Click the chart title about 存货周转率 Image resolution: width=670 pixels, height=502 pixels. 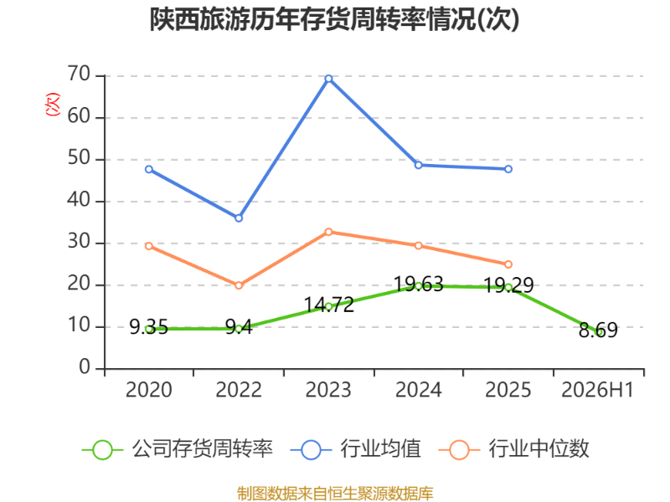[x=334, y=19]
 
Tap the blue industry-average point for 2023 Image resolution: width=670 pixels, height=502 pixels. [x=328, y=79]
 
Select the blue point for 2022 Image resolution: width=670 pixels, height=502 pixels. [x=239, y=218]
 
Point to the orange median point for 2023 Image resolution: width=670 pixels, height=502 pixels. [x=328, y=232]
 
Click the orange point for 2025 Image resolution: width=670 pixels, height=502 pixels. [x=508, y=264]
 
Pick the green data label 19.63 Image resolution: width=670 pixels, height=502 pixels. [x=418, y=284]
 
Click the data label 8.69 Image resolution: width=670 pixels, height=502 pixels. [x=598, y=330]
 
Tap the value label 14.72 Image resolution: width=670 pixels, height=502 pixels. [x=329, y=305]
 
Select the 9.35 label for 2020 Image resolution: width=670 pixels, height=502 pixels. [x=149, y=327]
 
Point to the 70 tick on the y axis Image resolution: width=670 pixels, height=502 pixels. [x=79, y=74]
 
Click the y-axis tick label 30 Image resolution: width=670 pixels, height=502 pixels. [x=79, y=242]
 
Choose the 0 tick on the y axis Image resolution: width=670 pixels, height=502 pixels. [x=85, y=367]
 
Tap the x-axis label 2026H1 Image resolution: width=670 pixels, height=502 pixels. [x=597, y=390]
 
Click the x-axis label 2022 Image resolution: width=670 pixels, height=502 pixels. [x=239, y=390]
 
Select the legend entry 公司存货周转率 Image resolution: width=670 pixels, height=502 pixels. [x=178, y=449]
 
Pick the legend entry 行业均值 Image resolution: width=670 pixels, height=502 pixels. [x=355, y=449]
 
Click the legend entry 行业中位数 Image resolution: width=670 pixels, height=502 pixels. [x=514, y=449]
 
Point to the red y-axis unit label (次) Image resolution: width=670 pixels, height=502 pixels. [x=53, y=104]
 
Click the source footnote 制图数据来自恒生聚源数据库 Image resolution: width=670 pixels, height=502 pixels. [x=335, y=494]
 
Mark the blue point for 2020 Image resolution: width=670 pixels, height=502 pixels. [x=149, y=170]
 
